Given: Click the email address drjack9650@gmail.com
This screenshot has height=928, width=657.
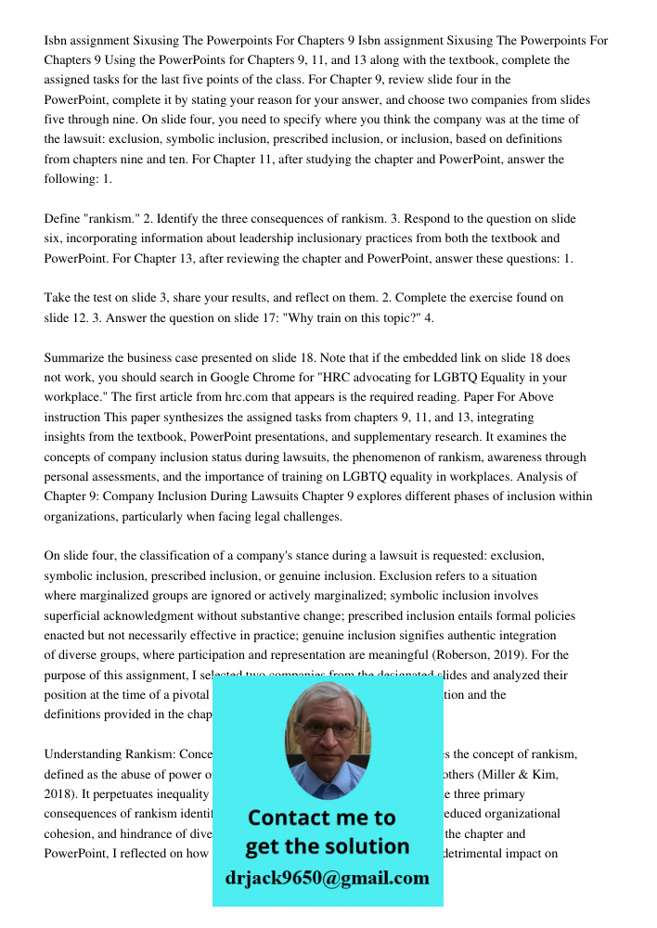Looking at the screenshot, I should (x=327, y=877).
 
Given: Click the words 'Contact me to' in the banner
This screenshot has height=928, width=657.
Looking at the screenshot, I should (x=321, y=818).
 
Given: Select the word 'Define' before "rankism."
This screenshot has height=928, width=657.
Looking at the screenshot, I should (x=62, y=219).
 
